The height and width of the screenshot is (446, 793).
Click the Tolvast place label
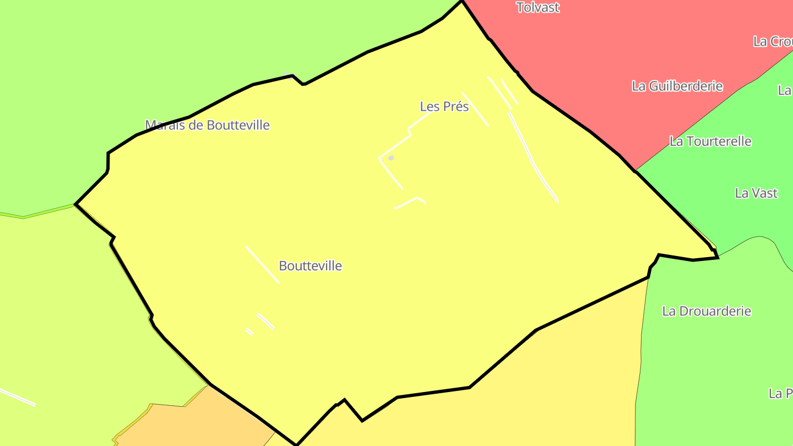point(537,8)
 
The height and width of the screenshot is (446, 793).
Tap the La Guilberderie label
point(677,86)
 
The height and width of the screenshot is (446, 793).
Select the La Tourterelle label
point(710,142)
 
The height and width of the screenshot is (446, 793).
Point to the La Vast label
point(756,193)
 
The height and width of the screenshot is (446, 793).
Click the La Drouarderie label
point(707,311)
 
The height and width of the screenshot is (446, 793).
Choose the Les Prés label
point(444,106)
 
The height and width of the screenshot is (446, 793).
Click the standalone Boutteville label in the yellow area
point(310,266)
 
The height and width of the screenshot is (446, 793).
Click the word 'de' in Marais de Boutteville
point(197,125)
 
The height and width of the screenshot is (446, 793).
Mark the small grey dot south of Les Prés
point(391,158)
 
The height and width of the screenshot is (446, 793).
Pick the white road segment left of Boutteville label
point(263,265)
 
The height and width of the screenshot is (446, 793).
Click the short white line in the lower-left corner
point(18,397)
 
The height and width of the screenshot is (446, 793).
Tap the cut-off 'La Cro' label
point(773,41)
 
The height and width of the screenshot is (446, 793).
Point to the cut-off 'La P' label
point(780,394)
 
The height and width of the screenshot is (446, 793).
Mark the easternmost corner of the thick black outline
point(718,257)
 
